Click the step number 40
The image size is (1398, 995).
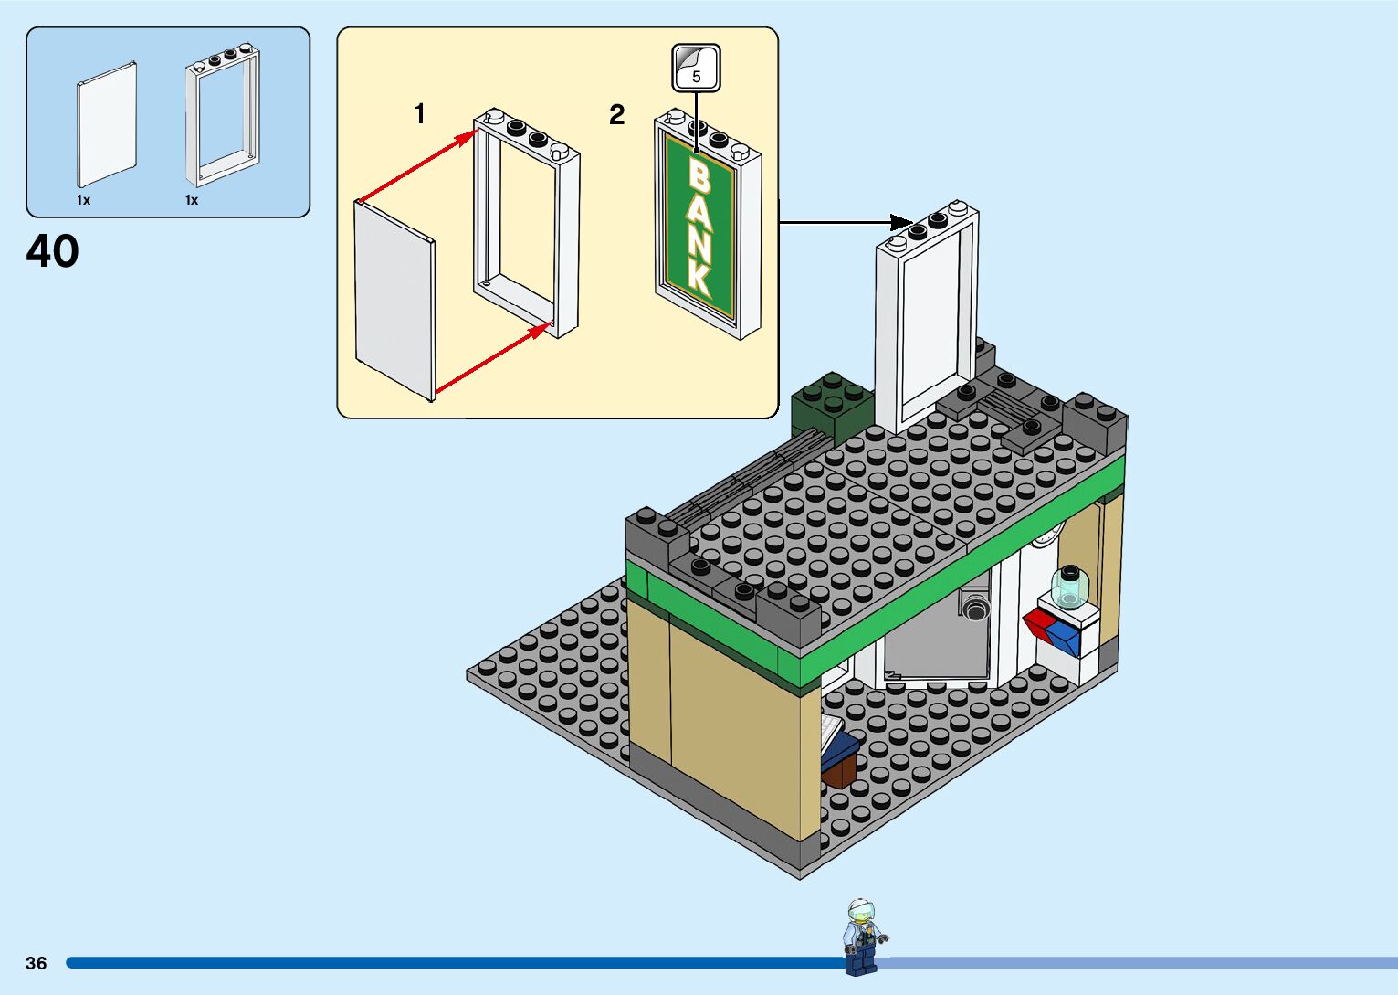[x=53, y=251]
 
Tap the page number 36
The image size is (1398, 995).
[x=37, y=963]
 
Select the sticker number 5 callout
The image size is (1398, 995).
[x=697, y=69]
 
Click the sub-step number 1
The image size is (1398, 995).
[x=420, y=114]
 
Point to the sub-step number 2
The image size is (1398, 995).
[x=617, y=115]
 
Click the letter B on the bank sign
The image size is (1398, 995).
[x=699, y=175]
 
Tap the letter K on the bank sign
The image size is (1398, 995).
[x=700, y=279]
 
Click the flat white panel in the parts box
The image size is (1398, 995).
[x=107, y=123]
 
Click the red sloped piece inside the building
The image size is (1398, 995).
[x=1038, y=623]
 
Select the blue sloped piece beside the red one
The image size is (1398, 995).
[x=1064, y=636]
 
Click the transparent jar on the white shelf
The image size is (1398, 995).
[x=1067, y=587]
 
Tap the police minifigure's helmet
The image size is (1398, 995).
[x=860, y=910]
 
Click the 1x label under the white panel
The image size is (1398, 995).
[x=83, y=200]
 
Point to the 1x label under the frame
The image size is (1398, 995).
[x=192, y=200]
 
